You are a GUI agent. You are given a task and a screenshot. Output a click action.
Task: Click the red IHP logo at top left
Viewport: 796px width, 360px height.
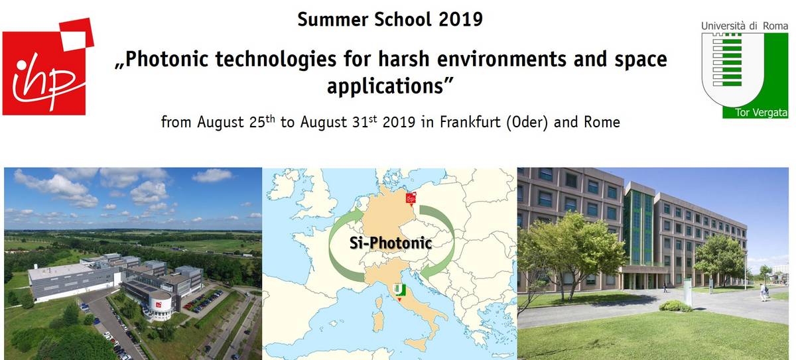[48, 67]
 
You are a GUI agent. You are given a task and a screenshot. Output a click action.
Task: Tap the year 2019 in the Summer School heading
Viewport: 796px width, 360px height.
[460, 19]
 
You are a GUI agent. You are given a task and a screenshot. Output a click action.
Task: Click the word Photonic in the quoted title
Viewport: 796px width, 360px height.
[166, 59]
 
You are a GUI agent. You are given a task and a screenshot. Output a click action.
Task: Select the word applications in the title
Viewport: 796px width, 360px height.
[385, 86]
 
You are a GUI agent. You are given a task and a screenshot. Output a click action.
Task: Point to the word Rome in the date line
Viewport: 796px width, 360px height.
[602, 122]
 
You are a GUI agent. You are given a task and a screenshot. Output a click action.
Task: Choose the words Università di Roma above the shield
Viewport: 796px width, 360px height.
[744, 26]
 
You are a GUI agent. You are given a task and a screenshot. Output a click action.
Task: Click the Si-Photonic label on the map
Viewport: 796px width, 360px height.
[391, 243]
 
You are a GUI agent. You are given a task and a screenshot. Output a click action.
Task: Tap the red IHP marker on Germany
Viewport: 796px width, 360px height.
[411, 198]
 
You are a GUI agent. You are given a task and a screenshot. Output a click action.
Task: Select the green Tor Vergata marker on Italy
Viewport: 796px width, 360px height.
[400, 291]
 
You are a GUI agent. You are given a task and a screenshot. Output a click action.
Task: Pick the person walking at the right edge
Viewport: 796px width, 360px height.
[763, 292]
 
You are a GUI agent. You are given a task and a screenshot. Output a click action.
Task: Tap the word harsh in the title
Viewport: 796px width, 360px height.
[404, 59]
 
